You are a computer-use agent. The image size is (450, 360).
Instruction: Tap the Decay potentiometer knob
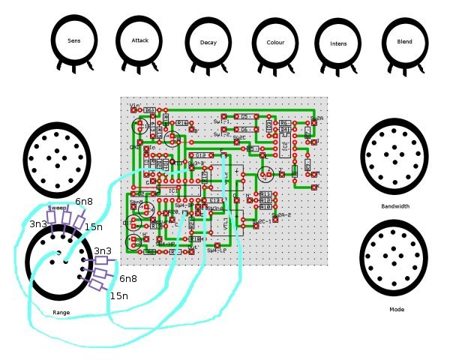(x=208, y=43)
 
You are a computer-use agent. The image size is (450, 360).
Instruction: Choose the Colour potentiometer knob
(x=275, y=43)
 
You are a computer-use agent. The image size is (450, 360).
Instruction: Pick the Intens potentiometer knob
(x=338, y=43)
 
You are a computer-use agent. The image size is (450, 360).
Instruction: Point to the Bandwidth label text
(x=394, y=206)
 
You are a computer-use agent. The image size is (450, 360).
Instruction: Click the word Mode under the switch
(x=397, y=309)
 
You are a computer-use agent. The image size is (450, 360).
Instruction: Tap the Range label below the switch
(x=61, y=312)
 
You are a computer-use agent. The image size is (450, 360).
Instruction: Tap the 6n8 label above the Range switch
(x=84, y=201)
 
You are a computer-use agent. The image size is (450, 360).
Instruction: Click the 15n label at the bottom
(x=118, y=296)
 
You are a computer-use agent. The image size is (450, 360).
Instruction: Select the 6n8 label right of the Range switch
(x=128, y=278)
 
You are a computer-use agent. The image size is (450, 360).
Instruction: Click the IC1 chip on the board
(x=172, y=191)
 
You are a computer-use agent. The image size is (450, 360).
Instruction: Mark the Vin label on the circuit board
(x=136, y=105)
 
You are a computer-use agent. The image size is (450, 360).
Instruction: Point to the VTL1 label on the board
(x=224, y=222)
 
